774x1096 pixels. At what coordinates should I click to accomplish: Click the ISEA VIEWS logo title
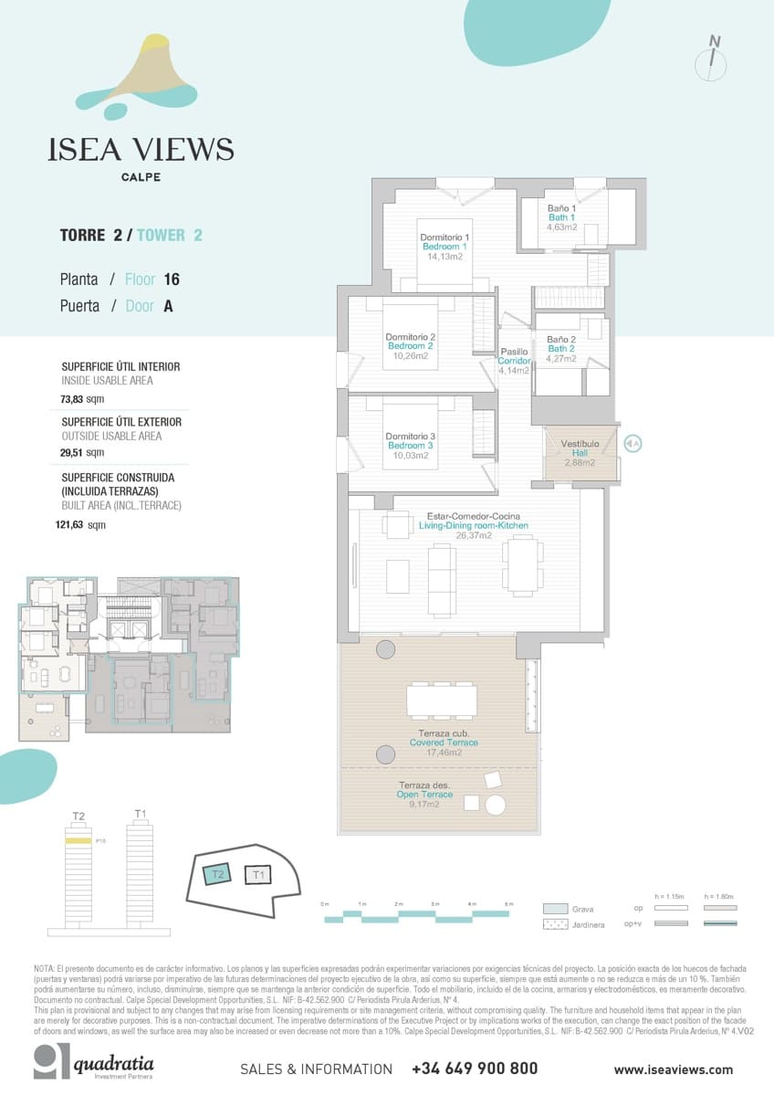coord(141,150)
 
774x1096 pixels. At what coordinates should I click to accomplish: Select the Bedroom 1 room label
coord(445,247)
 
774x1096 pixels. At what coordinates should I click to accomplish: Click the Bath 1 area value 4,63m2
coord(561,227)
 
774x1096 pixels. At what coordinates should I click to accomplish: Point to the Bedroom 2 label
coord(410,346)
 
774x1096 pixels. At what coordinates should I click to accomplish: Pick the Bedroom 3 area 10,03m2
coord(410,456)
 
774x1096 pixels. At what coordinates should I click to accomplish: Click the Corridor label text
coord(514,361)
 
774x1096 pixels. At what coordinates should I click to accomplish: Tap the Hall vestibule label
coord(580,453)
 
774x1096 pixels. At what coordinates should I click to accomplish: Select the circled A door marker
coord(633,444)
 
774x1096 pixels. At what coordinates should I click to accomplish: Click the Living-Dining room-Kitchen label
coord(473,525)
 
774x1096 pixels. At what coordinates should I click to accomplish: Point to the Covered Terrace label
coord(444,743)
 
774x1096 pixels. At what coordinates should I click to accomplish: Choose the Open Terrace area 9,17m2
coord(424,805)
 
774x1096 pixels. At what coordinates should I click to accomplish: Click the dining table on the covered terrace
coord(442,701)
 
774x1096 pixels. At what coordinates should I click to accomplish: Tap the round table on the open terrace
coord(496,805)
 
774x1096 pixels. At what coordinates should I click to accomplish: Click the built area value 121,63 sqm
coord(80,525)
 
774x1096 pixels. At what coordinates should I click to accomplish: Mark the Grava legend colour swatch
coord(555,909)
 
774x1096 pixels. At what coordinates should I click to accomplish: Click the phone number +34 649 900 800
coord(474,1069)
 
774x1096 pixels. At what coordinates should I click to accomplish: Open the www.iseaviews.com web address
coord(673,1070)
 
